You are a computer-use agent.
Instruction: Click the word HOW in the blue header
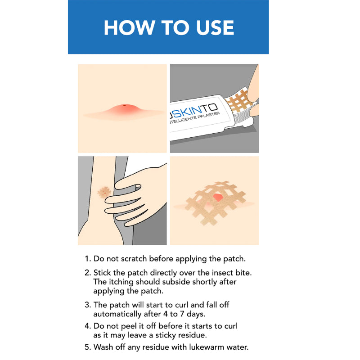coord(129,27)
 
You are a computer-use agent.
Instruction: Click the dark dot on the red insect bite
coord(125,105)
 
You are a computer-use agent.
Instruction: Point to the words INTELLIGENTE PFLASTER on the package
coord(194,118)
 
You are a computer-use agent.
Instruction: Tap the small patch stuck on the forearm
coord(104,192)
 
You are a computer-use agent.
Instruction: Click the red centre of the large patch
coord(218,197)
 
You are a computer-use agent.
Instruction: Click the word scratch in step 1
coord(134,259)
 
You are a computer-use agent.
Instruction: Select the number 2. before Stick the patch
coord(88,273)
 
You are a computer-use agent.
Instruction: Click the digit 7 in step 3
coord(182,314)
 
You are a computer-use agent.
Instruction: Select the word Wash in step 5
coord(103,347)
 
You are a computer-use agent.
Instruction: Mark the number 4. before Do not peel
coord(88,326)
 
